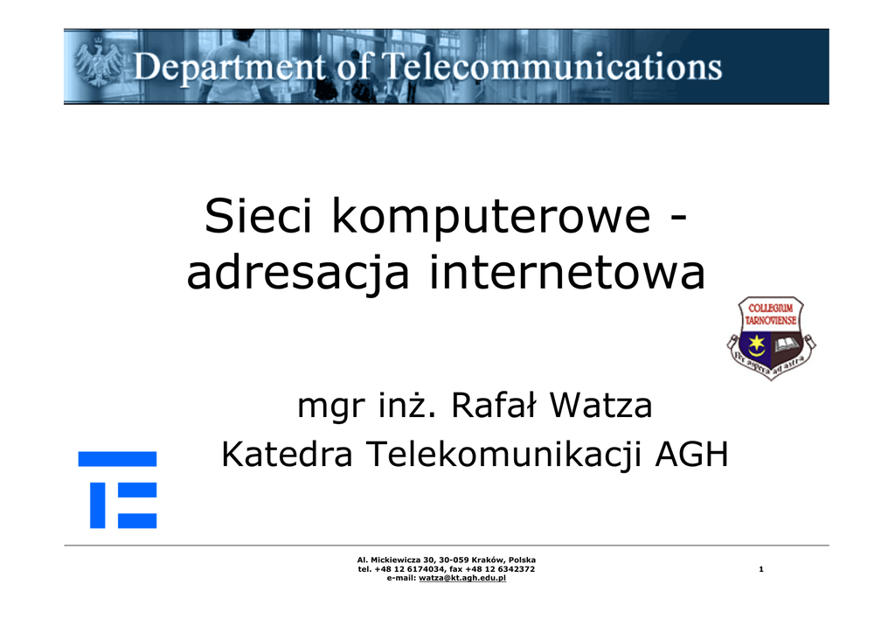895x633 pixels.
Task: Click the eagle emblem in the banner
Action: pos(98,62)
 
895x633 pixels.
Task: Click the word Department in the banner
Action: pos(229,67)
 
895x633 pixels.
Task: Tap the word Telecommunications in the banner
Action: pos(552,66)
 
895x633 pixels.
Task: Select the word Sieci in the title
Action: pos(259,216)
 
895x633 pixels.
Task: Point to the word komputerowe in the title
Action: pos(491,219)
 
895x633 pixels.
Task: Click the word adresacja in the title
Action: pos(298,273)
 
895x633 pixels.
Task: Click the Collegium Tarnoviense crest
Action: pos(771,337)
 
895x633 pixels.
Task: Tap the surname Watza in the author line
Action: pos(600,406)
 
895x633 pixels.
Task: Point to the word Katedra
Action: pos(287,455)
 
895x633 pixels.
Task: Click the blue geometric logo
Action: pos(118,490)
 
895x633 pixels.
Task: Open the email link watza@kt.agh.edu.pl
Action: pos(462,578)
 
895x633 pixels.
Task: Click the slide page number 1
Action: pos(761,569)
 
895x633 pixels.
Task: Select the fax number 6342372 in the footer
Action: pos(516,569)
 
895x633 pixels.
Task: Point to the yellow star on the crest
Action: pos(757,342)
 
